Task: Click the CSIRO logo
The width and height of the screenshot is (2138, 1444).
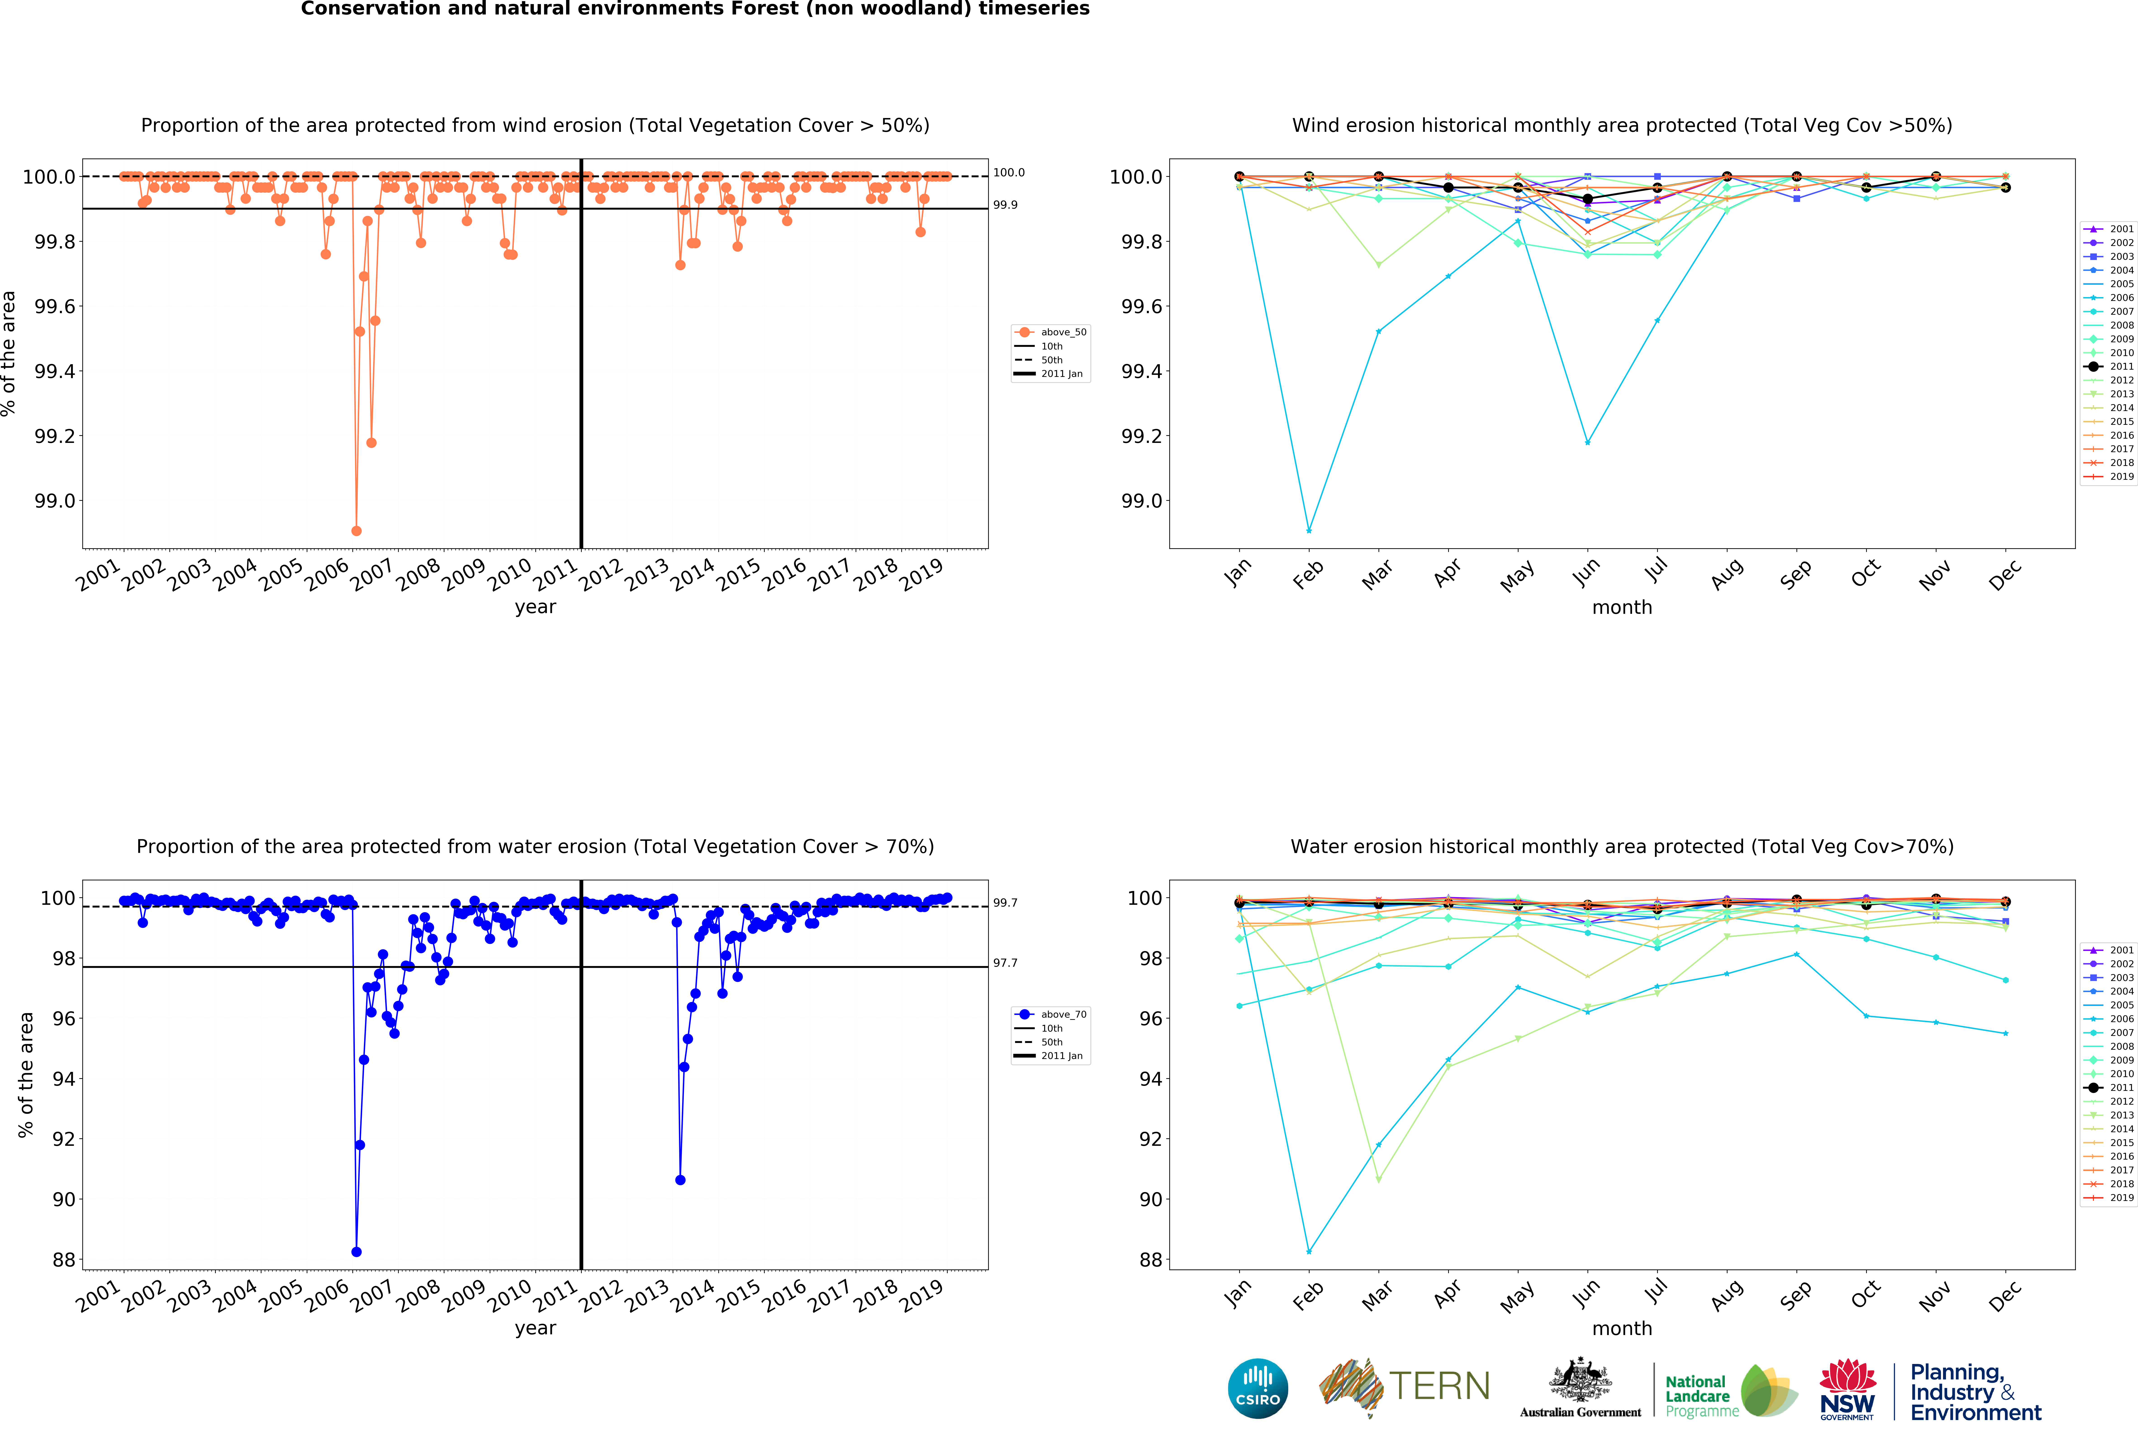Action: tap(1258, 1388)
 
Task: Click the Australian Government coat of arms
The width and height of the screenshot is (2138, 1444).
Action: tap(1580, 1380)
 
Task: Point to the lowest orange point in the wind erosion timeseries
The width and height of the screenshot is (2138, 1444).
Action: tap(356, 531)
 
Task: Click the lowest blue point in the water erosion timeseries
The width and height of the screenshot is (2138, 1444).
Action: tap(356, 1252)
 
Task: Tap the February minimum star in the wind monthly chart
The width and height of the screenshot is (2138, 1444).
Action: tap(1309, 531)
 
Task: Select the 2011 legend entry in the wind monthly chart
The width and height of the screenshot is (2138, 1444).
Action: tap(2113, 366)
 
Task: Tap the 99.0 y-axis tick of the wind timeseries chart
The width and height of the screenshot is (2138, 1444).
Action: tap(55, 501)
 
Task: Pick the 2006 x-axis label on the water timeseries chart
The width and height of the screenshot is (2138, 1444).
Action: tap(327, 1295)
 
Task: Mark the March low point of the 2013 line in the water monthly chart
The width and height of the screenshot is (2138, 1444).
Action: tap(1378, 1179)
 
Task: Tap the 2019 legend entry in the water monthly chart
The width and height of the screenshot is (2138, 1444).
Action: tap(2113, 1198)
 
